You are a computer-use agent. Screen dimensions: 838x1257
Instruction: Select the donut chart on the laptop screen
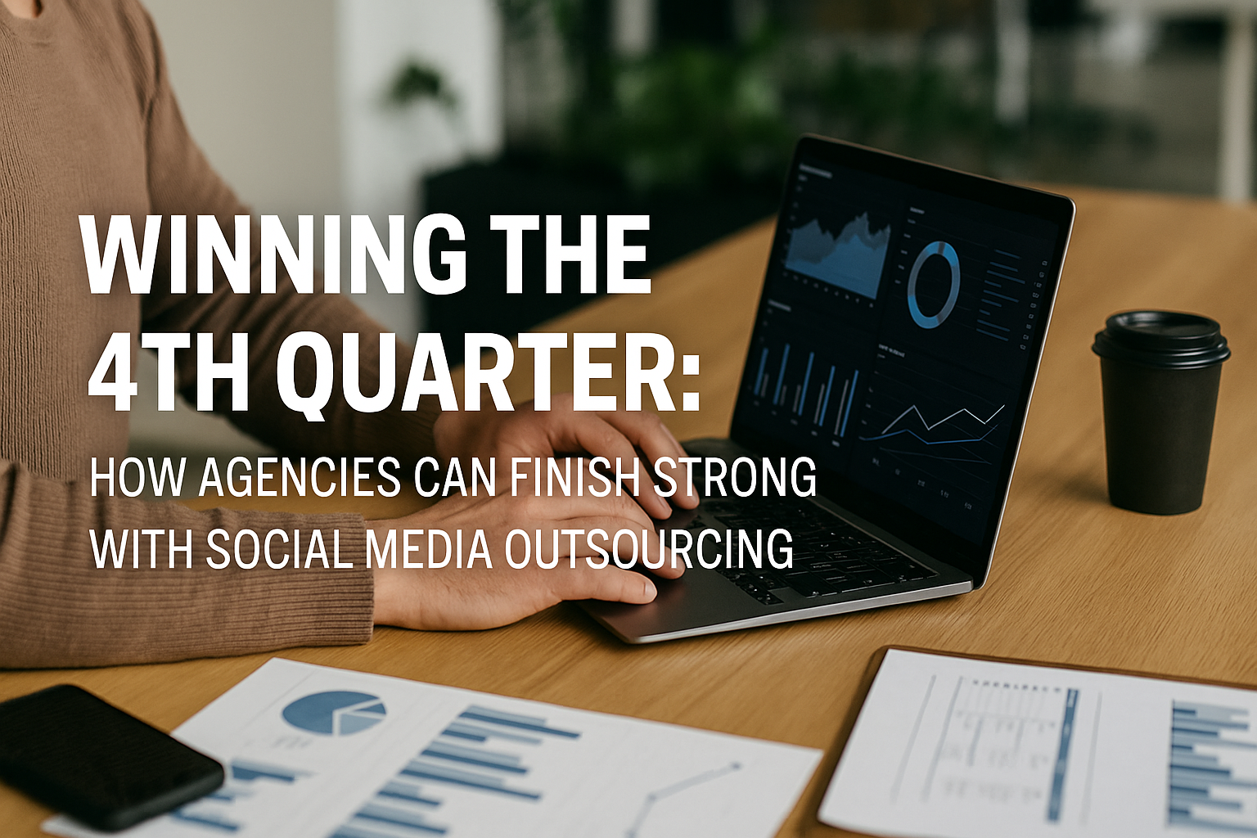933,285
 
